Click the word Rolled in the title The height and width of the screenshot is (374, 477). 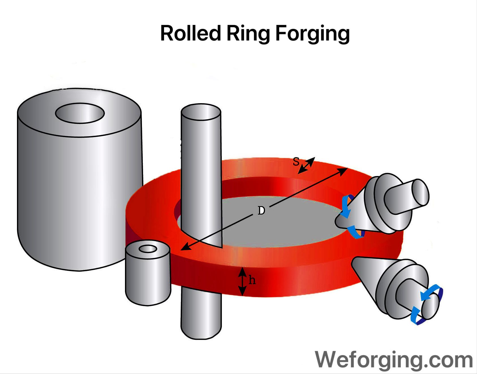tap(190, 33)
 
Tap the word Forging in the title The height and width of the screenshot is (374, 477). tap(312, 34)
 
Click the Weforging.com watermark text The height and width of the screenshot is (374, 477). tap(394, 360)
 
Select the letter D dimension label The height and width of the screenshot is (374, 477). tap(261, 211)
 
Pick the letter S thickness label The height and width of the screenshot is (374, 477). tap(296, 162)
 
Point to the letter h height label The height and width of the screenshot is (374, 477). tap(252, 280)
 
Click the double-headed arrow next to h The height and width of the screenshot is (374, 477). tap(242, 281)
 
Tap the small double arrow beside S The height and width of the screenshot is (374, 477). tap(306, 166)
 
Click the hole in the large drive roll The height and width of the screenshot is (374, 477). tap(80, 113)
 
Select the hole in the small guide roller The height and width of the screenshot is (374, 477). tap(148, 249)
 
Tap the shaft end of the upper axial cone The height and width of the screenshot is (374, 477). tap(420, 192)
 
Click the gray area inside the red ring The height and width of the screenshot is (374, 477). tap(283, 226)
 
